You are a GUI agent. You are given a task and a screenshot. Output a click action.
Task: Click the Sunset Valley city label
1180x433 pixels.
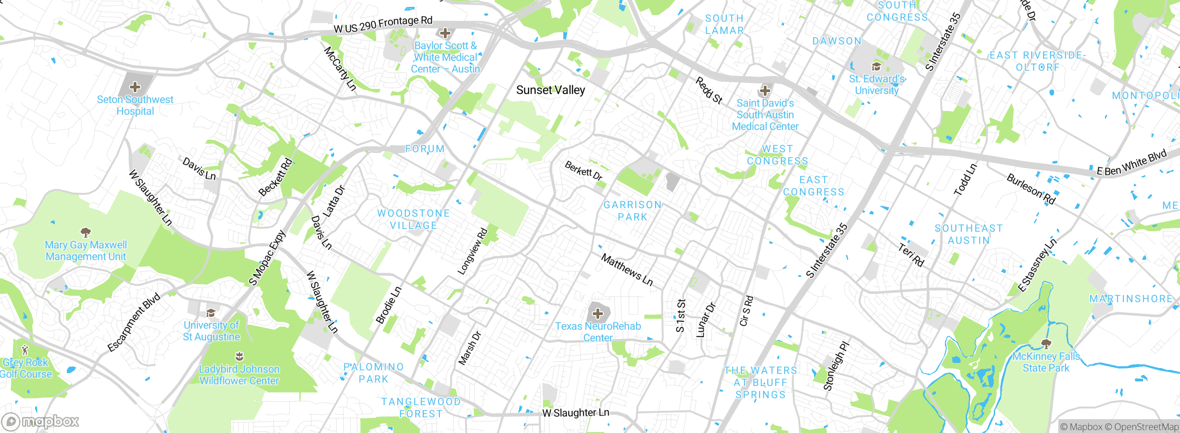tap(550, 90)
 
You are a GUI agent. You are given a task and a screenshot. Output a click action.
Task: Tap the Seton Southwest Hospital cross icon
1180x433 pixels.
tap(135, 87)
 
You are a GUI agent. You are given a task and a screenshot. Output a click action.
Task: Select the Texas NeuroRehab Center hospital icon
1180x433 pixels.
tap(598, 314)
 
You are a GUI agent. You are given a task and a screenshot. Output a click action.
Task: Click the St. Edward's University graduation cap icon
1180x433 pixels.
tap(876, 67)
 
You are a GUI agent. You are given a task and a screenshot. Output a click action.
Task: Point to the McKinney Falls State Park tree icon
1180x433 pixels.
tap(1046, 344)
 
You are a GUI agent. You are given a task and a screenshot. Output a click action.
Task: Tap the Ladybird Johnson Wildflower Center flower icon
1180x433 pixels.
tap(239, 356)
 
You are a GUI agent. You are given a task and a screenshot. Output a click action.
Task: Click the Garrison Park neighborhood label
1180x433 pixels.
tap(632, 211)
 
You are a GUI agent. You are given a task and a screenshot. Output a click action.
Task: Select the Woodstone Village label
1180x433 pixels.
tap(413, 219)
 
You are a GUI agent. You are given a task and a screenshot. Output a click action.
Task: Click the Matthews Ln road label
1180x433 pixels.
tap(627, 270)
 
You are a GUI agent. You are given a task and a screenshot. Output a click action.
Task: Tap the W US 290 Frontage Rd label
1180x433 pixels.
tap(383, 24)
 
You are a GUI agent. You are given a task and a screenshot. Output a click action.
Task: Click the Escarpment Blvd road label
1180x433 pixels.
tap(134, 322)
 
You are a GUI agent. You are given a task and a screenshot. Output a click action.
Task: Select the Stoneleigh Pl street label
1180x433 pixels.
tap(836, 366)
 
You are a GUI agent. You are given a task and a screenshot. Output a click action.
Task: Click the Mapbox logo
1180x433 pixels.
tap(40, 421)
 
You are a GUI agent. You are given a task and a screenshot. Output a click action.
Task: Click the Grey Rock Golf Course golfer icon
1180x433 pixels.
tap(25, 350)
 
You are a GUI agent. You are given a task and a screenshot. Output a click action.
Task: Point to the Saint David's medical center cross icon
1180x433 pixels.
tap(765, 90)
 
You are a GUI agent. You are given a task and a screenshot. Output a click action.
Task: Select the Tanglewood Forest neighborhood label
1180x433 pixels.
tap(421, 408)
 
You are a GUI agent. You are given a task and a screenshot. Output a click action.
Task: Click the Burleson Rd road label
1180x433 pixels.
tap(1031, 189)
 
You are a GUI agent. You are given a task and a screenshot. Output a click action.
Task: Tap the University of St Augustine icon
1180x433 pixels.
tap(211, 313)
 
